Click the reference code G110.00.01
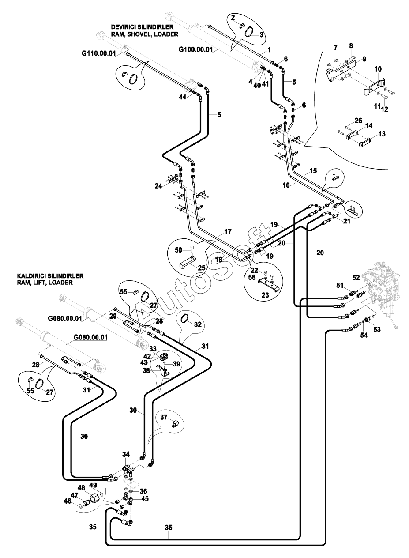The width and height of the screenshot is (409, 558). (x=98, y=53)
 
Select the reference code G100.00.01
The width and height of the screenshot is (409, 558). (x=195, y=49)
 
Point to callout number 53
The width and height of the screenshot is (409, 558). (x=377, y=330)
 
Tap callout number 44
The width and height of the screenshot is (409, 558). (x=183, y=98)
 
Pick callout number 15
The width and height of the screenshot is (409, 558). (x=313, y=171)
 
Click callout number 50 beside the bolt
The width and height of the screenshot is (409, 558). (x=179, y=250)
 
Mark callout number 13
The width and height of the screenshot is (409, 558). (x=382, y=134)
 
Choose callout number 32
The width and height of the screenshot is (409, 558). (x=198, y=324)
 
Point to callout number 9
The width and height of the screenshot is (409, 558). (x=364, y=59)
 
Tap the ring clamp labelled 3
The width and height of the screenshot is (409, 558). (x=251, y=32)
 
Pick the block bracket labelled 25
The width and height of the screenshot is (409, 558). (x=187, y=263)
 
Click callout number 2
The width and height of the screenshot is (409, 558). (x=233, y=18)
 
